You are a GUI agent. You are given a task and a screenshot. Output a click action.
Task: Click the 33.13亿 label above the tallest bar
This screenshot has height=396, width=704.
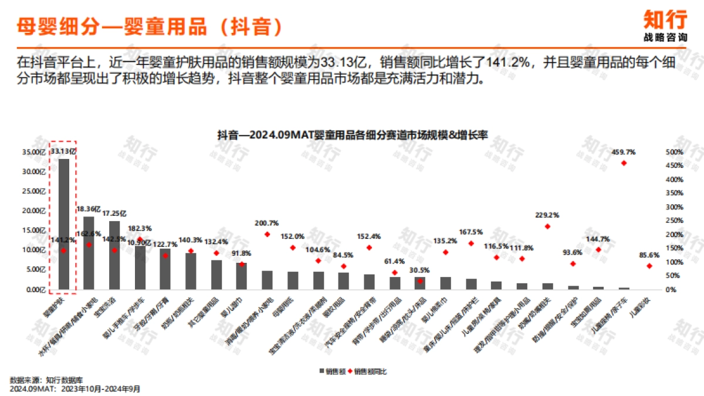(63, 151)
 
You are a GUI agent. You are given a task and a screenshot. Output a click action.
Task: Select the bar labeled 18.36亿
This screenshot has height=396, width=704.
(89, 253)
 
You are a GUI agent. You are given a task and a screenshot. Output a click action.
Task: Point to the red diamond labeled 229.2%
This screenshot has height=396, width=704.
(547, 226)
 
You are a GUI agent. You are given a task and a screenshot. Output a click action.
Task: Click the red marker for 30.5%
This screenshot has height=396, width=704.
(420, 281)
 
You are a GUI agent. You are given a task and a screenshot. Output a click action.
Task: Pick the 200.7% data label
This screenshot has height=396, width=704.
(267, 224)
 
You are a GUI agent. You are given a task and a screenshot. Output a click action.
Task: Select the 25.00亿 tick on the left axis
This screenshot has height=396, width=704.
(33, 191)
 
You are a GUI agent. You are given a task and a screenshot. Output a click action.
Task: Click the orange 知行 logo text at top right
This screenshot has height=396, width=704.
(665, 20)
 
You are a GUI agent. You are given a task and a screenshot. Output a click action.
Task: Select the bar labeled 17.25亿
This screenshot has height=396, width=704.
(114, 255)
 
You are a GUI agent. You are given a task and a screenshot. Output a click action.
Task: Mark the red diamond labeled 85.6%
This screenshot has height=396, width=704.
(649, 266)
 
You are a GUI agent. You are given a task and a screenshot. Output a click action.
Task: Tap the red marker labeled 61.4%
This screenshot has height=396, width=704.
(395, 273)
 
